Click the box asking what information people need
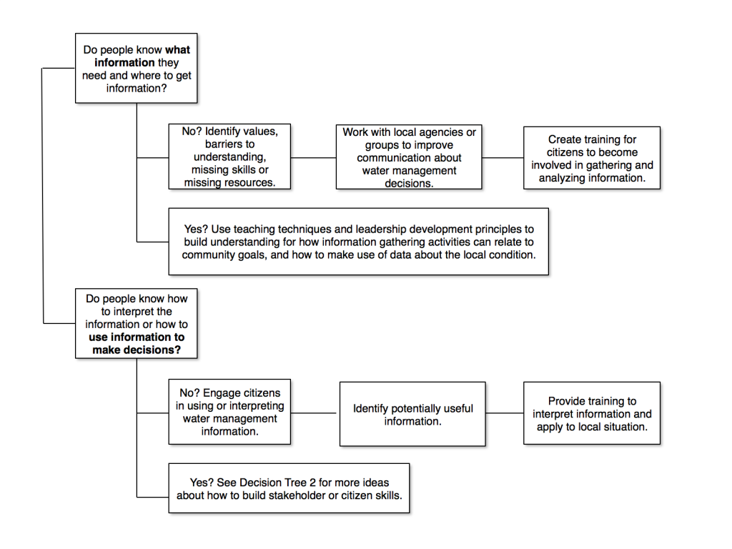click(x=137, y=69)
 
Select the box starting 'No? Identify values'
click(x=229, y=157)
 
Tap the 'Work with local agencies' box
click(x=409, y=157)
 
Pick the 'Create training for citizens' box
click(x=592, y=158)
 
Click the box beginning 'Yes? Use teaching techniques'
click(x=358, y=242)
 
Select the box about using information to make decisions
click(x=137, y=324)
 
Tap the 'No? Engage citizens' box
click(x=229, y=412)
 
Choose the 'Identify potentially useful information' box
click(x=412, y=415)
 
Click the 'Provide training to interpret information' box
click(x=592, y=414)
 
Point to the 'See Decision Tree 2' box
click(x=289, y=489)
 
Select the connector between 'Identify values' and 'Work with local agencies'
click(x=314, y=157)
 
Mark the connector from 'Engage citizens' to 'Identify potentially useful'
click(x=315, y=412)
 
